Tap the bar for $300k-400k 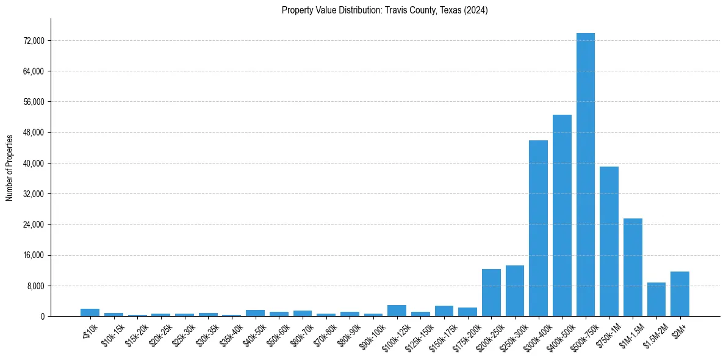point(538,228)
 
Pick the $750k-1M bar point(609,241)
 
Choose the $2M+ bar point(680,294)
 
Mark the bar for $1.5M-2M point(656,300)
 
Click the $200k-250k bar point(491,293)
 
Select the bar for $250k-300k point(515,291)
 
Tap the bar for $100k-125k point(397,311)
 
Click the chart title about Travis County point(384,10)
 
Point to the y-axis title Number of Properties point(10,168)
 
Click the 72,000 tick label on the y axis point(33,41)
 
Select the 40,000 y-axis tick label point(33,164)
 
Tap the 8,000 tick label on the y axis point(35,286)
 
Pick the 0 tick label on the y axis point(43,317)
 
